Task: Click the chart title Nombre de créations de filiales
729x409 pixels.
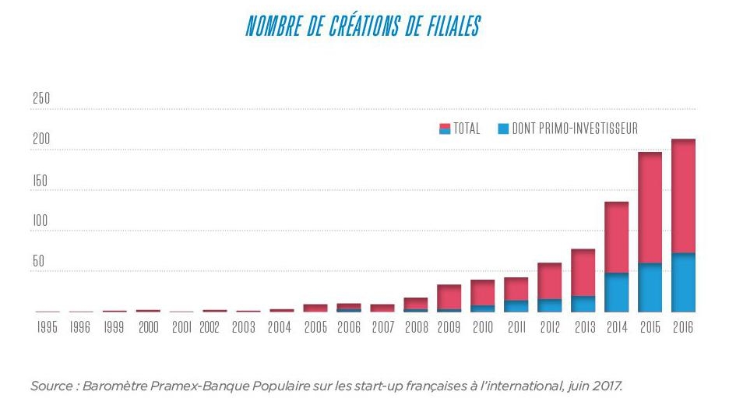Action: click(362, 26)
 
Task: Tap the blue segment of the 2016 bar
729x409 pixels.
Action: click(683, 282)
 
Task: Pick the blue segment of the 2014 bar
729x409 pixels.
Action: click(616, 292)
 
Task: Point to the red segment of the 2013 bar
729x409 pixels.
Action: click(583, 273)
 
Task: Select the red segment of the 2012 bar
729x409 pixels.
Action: click(549, 281)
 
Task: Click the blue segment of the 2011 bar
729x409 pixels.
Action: click(516, 306)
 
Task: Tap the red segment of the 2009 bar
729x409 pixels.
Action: click(449, 297)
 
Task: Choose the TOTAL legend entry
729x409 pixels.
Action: click(460, 129)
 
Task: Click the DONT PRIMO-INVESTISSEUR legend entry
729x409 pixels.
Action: click(567, 129)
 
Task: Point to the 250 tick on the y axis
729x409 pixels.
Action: click(41, 100)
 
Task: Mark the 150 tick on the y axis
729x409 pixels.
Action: click(41, 181)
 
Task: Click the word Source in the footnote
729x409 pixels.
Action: click(49, 386)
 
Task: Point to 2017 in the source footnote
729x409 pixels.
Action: click(607, 386)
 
